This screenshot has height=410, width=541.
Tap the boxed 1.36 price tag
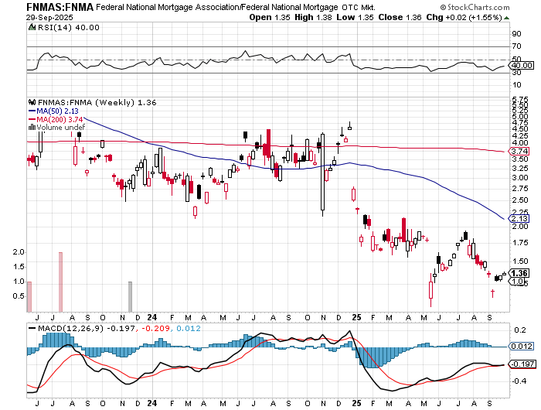pos(521,273)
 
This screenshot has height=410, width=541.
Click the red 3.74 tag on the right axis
pos(519,152)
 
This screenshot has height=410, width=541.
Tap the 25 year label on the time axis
pos(356,316)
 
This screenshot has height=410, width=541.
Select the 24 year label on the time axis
pos(152,316)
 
